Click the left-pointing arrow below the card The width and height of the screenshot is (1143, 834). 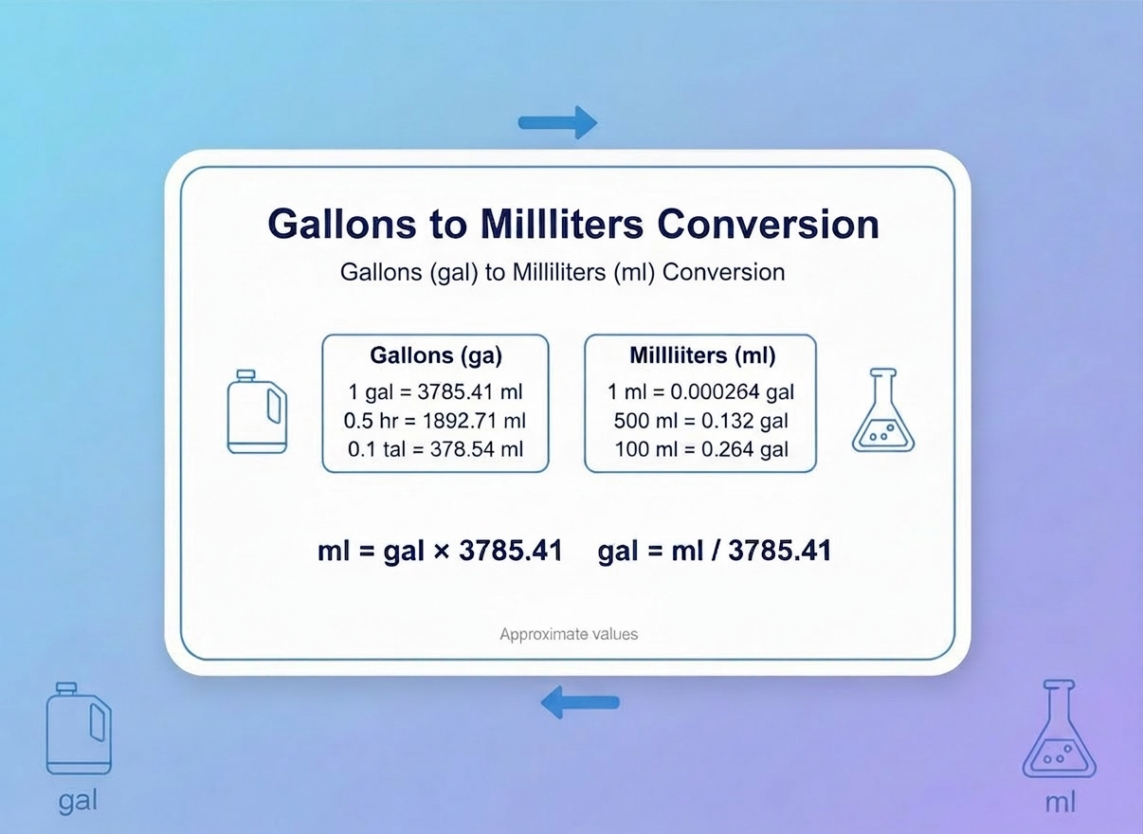click(x=579, y=703)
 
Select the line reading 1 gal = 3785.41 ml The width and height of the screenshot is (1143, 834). click(x=436, y=391)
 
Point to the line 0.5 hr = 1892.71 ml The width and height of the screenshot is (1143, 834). click(x=436, y=420)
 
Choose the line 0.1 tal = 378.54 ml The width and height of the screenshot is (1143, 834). click(x=436, y=449)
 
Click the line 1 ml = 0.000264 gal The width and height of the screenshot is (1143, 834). click(x=701, y=391)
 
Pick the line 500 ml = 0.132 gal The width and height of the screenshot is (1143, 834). click(x=701, y=420)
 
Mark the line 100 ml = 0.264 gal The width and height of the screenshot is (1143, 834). click(x=701, y=449)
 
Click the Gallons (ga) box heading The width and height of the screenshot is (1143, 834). click(x=436, y=356)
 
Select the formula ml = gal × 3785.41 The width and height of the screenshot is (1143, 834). click(x=440, y=551)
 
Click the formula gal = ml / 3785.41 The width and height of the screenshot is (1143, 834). click(x=715, y=551)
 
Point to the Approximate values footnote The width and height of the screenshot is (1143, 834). click(x=569, y=634)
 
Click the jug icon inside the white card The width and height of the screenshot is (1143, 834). click(x=257, y=411)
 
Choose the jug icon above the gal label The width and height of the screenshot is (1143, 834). click(x=79, y=729)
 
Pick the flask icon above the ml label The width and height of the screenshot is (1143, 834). click(x=1059, y=730)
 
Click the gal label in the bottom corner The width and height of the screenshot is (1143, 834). click(x=78, y=802)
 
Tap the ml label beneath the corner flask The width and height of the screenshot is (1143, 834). click(x=1061, y=804)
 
